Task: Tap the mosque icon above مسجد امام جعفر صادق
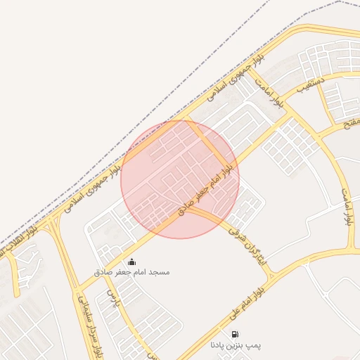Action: [131, 262]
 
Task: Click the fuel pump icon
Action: [234, 334]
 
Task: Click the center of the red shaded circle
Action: [180, 179]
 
